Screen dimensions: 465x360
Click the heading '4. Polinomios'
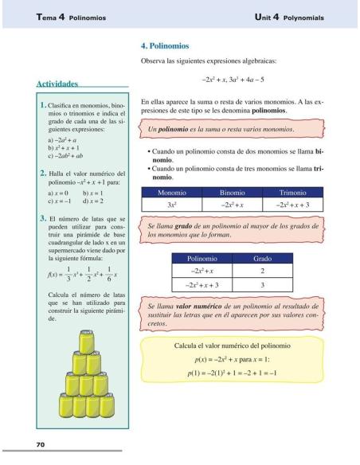click(165, 46)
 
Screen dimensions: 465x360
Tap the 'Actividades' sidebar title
click(59, 84)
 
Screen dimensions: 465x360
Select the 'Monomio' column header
click(172, 192)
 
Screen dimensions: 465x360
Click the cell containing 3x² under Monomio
click(172, 205)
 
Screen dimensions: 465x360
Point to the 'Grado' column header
click(262, 258)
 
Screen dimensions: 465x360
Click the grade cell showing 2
click(262, 271)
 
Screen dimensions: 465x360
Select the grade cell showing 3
click(262, 284)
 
